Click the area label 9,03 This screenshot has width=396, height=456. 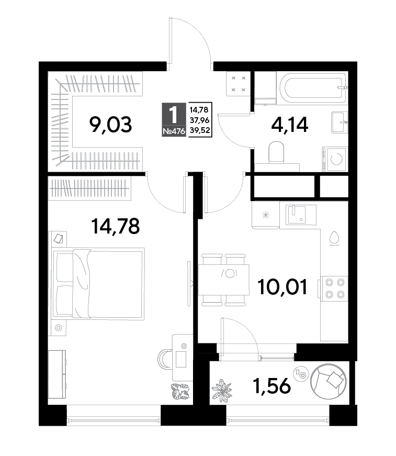[111, 125]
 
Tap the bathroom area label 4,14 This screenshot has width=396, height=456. [289, 125]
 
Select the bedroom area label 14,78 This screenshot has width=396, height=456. [115, 226]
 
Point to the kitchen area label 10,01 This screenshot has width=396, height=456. [282, 287]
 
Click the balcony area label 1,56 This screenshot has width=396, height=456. [271, 385]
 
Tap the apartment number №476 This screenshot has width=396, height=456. [174, 131]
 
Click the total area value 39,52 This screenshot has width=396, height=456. [200, 130]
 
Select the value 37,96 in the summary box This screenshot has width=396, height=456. [200, 120]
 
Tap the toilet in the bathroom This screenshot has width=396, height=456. [276, 152]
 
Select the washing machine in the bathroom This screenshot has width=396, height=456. [335, 159]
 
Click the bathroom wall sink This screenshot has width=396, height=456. [340, 122]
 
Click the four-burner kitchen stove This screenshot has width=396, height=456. [333, 288]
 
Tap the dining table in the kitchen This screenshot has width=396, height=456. [224, 280]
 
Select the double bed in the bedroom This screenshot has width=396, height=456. [98, 284]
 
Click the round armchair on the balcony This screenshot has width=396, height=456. [329, 382]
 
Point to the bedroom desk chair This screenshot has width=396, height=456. [165, 359]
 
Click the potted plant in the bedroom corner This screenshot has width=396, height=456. [180, 392]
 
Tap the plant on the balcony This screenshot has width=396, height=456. [222, 390]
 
